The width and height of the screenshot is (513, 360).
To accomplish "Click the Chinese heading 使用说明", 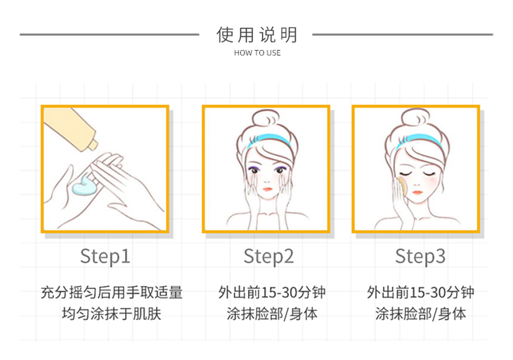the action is (x=256, y=34).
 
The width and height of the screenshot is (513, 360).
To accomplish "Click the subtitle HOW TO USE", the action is (x=257, y=53).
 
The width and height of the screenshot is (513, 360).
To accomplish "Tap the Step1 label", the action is (x=105, y=256).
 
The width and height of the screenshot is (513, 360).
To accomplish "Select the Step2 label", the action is (x=268, y=256).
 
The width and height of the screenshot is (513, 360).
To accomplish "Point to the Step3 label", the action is (x=420, y=256).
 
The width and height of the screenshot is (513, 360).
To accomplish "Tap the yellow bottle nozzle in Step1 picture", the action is (x=93, y=144).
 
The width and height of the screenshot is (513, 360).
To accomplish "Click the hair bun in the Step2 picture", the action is (x=266, y=118).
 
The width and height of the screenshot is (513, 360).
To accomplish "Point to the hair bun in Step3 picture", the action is (x=415, y=118).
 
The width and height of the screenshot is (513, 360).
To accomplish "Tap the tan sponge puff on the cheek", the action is (x=401, y=186).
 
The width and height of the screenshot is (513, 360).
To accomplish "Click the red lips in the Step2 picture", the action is (x=267, y=189).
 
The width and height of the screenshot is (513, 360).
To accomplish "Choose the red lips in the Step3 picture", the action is (x=417, y=192).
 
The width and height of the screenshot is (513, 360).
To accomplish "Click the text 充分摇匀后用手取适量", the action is (x=112, y=292).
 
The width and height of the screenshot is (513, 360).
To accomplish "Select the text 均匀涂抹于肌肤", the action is (x=112, y=314).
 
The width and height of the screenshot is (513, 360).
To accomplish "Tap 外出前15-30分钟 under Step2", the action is (x=272, y=292).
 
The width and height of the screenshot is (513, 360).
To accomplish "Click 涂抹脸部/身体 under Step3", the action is (x=420, y=314).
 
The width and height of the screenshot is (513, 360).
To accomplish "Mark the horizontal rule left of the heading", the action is (x=109, y=34).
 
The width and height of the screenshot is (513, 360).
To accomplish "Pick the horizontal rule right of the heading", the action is (x=403, y=34).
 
